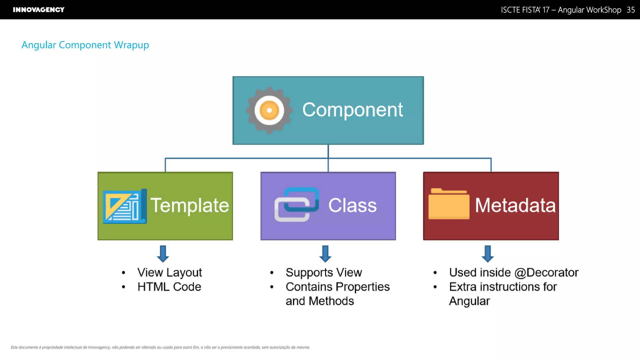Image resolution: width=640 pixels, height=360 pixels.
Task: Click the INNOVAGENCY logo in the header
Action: (x=38, y=10)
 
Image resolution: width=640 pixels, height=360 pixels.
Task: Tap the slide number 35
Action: (x=631, y=10)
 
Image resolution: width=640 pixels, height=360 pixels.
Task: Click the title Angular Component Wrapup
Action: (x=85, y=45)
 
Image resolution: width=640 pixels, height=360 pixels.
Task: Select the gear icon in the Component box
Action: (x=269, y=110)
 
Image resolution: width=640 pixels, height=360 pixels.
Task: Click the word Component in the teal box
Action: (x=352, y=110)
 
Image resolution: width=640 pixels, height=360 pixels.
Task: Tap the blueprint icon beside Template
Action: (x=125, y=206)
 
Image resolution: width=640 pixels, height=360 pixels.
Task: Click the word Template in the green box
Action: (x=190, y=205)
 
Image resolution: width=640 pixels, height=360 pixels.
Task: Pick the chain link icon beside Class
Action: (x=297, y=205)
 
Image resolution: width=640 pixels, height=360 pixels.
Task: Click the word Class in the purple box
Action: (x=352, y=205)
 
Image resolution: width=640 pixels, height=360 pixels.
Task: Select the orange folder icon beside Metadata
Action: (x=449, y=204)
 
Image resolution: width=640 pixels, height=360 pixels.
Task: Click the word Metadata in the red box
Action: (x=515, y=205)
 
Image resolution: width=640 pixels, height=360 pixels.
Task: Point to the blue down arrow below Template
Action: (x=163, y=253)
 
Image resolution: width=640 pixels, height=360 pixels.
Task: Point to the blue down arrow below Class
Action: (x=325, y=253)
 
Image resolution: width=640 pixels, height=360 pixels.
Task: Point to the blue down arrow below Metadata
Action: (x=487, y=253)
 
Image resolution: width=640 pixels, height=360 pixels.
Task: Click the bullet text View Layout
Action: (x=169, y=272)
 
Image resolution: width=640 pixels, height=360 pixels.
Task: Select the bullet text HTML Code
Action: (x=169, y=287)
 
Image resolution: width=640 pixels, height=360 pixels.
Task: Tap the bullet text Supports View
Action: (x=323, y=272)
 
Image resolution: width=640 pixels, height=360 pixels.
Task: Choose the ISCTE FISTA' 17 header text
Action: (x=525, y=10)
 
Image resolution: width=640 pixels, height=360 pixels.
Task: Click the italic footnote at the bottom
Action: (x=160, y=347)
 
